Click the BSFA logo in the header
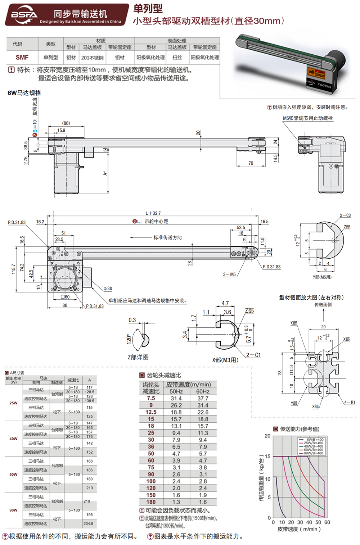coord(24,15)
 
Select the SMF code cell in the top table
coord(22,58)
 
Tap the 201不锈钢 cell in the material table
coord(92,58)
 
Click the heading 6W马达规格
coord(24,93)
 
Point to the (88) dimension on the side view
coord(66,123)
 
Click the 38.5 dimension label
coord(26,145)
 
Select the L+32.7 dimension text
coord(153,213)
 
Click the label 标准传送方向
coord(167,237)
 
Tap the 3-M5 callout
coord(229,274)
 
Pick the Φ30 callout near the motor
coord(108,289)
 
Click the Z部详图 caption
coord(138,357)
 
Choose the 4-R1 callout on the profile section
coord(349,402)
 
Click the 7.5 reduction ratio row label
coord(151,399)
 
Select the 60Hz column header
coord(203,391)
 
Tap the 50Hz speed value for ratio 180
coord(176,502)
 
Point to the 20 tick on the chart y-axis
coord(267,436)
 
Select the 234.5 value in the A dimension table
coord(89,524)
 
